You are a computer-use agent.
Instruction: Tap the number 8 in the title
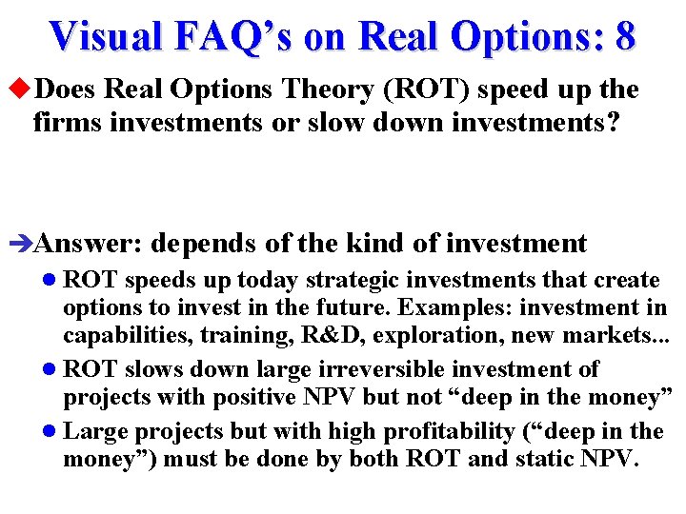click(624, 36)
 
